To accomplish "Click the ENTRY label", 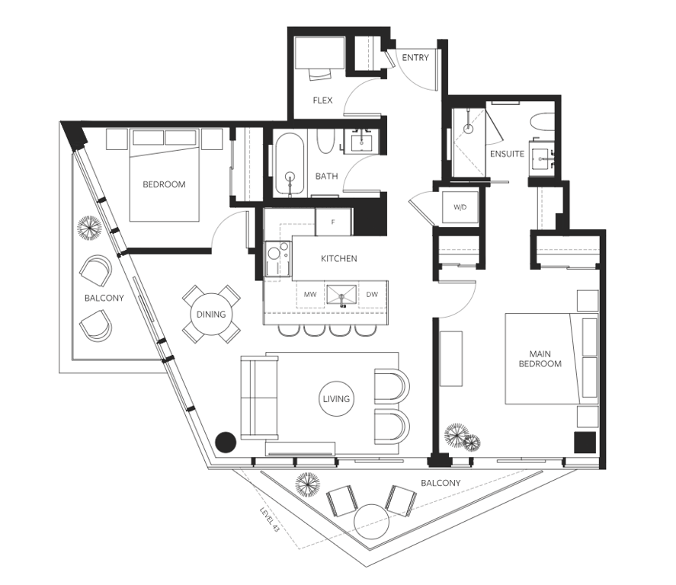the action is click(415, 58).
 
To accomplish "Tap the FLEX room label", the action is click(322, 100).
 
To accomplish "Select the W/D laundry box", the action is click(460, 207).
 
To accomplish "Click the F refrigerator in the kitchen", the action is click(332, 222).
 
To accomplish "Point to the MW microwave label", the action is click(310, 294).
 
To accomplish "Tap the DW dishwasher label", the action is click(372, 294).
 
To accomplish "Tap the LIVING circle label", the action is click(336, 398).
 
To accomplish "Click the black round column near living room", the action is click(226, 441).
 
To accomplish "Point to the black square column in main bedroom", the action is click(585, 443).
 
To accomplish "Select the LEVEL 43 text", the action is click(270, 519).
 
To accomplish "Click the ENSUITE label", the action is click(507, 153).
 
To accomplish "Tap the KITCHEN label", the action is click(338, 259).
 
